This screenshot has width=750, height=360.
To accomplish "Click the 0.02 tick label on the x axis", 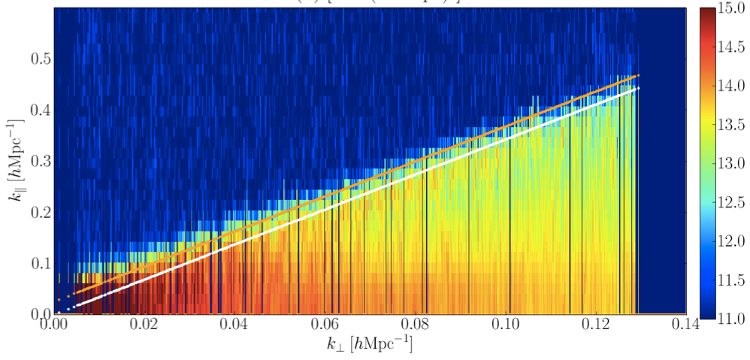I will [144, 325].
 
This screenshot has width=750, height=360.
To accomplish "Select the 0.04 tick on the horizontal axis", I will [234, 325].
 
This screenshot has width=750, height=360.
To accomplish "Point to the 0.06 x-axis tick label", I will [325, 325].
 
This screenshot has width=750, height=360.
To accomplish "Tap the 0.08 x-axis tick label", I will [415, 325].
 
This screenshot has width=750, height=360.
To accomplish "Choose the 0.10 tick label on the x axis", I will [505, 325].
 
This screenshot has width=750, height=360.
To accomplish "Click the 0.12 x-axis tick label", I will [595, 325].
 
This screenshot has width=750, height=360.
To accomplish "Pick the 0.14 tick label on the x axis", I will [685, 325].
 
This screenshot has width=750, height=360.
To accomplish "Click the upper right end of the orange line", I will [637, 76].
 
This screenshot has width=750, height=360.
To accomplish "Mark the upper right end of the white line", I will [637, 89].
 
